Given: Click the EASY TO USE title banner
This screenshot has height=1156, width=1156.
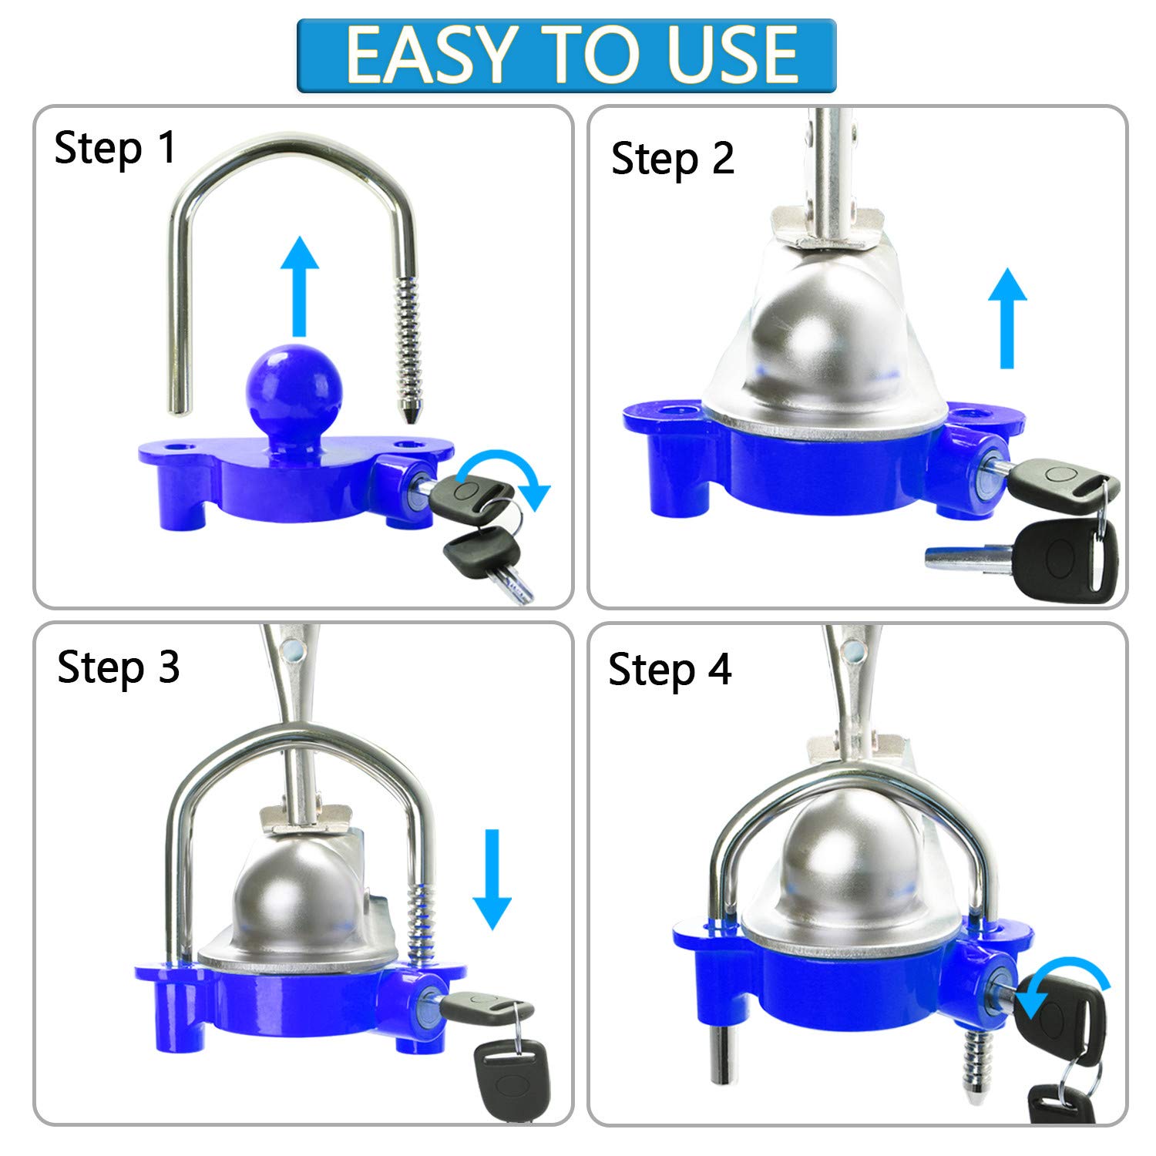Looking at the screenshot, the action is pos(566,55).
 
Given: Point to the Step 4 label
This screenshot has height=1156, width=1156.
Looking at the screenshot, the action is pos(670,668).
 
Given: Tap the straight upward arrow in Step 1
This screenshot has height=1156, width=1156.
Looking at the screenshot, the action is pos(299,286).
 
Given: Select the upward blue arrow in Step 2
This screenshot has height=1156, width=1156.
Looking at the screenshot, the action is pos(1007,318).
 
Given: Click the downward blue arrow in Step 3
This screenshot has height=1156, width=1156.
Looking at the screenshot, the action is pos(492,879).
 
